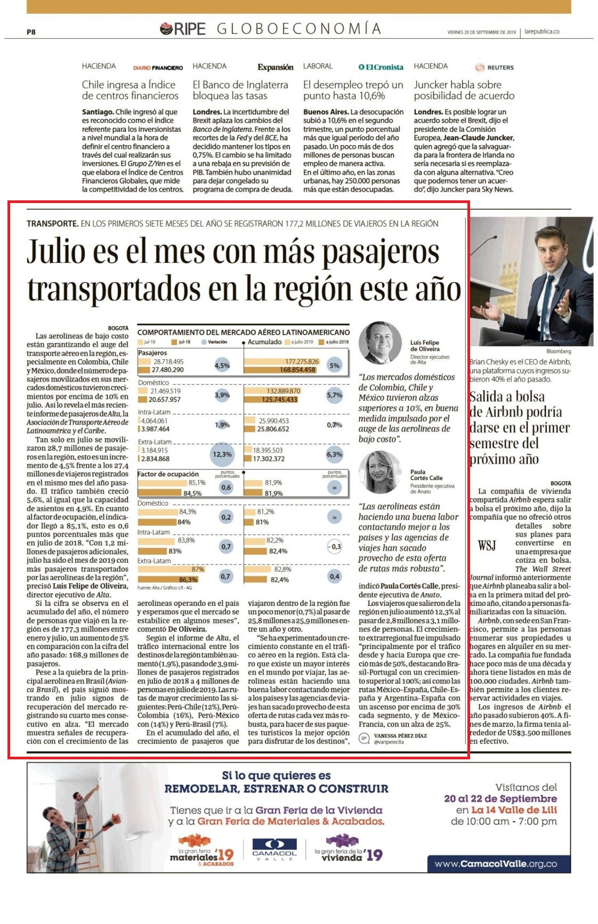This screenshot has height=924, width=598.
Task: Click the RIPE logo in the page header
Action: pyautogui.click(x=183, y=29)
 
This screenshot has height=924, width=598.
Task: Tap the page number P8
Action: pyautogui.click(x=31, y=32)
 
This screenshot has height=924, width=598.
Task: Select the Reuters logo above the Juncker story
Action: pyautogui.click(x=494, y=68)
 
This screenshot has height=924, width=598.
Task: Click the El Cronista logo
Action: pyautogui.click(x=381, y=67)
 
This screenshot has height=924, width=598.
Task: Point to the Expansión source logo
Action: pyautogui.click(x=276, y=67)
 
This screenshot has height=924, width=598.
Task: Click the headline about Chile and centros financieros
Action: pyautogui.click(x=130, y=90)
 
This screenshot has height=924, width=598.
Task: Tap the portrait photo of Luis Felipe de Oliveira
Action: pyautogui.click(x=380, y=343)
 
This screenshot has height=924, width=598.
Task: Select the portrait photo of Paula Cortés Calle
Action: pyautogui.click(x=380, y=472)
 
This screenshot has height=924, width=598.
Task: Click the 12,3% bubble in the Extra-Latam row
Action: pyautogui.click(x=222, y=455)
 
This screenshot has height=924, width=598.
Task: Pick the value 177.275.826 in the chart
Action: pyautogui.click(x=302, y=361)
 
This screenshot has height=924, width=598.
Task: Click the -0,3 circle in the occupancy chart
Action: pyautogui.click(x=334, y=547)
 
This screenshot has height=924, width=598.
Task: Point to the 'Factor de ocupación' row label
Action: pyautogui.click(x=168, y=474)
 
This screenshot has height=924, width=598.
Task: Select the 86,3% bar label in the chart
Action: pyautogui.click(x=188, y=580)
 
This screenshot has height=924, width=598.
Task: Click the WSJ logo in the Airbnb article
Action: pyautogui.click(x=487, y=545)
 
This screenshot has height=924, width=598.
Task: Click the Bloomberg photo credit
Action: pyautogui.click(x=559, y=351)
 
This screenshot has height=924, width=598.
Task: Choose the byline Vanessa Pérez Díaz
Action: pyautogui.click(x=400, y=735)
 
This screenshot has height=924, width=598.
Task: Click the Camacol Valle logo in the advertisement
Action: pyautogui.click(x=274, y=848)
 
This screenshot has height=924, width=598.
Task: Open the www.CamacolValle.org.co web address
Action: pyautogui.click(x=496, y=864)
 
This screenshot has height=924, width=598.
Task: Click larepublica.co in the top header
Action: pyautogui.click(x=542, y=32)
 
